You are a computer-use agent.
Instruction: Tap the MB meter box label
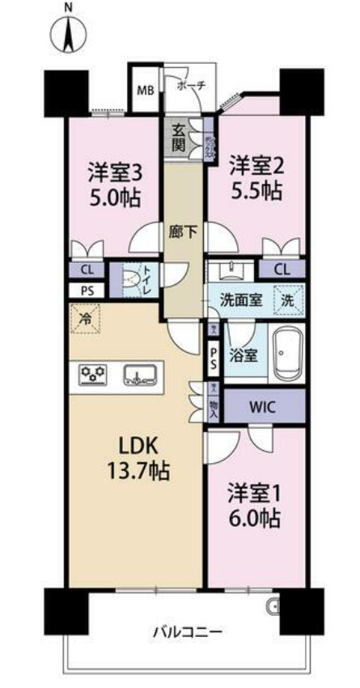coord(146,90)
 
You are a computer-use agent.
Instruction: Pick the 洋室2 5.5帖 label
coord(255,177)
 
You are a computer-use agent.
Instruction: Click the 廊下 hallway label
coord(180,230)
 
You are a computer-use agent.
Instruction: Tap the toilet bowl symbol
coord(130,280)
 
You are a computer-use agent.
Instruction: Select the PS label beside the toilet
coord(86,291)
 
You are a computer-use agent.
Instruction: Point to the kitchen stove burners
coord(93,374)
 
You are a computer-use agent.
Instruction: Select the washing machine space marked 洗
coord(289,297)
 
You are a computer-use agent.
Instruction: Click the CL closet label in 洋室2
coord(282,270)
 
